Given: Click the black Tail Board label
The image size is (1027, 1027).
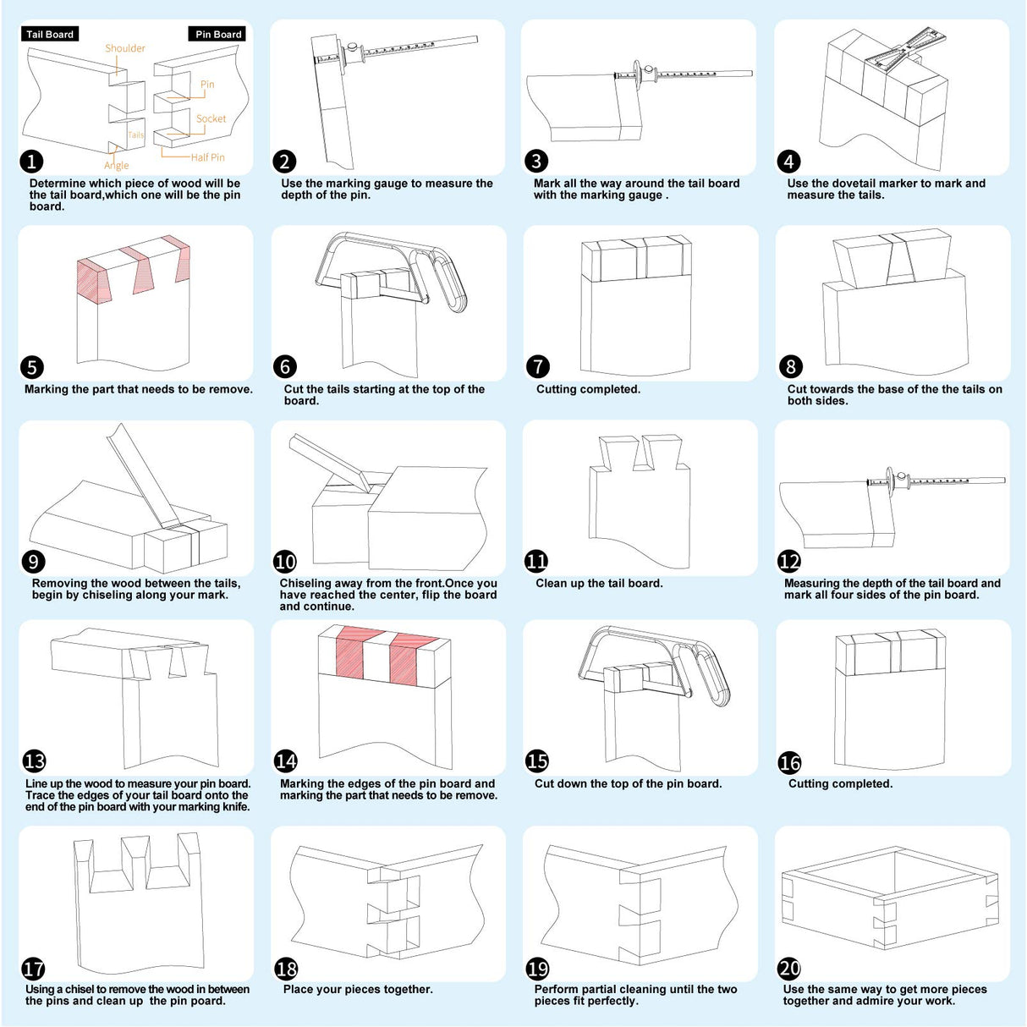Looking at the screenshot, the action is pos(50,34).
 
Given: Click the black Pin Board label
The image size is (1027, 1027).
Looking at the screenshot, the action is pos(217,34).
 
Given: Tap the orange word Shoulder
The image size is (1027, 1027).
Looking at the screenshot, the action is pos(124,48).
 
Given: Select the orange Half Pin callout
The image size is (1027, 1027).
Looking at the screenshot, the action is pos(208,157).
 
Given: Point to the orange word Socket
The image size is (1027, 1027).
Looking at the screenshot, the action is pos(211,118).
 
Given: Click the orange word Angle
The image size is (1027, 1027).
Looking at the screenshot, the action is pos(116,165).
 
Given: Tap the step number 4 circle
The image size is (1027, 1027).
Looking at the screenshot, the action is pos(788,162).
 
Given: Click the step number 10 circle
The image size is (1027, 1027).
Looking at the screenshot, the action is pos(285,561).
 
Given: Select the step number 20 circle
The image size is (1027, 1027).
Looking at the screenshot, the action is pos(790,968).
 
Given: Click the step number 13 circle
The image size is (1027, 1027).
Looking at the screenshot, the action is pos(34,761).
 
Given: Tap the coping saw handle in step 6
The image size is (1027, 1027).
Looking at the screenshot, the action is pos(450,283).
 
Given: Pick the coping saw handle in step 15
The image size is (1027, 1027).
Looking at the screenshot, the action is pos(712,678).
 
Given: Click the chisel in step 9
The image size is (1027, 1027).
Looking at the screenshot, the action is pos(144,475).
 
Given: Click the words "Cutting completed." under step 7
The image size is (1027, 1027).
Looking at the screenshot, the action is pos(588,389).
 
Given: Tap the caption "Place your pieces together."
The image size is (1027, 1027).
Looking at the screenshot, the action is pos(358,989).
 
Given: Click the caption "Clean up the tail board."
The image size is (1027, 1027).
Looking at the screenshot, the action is pos(599,583).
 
